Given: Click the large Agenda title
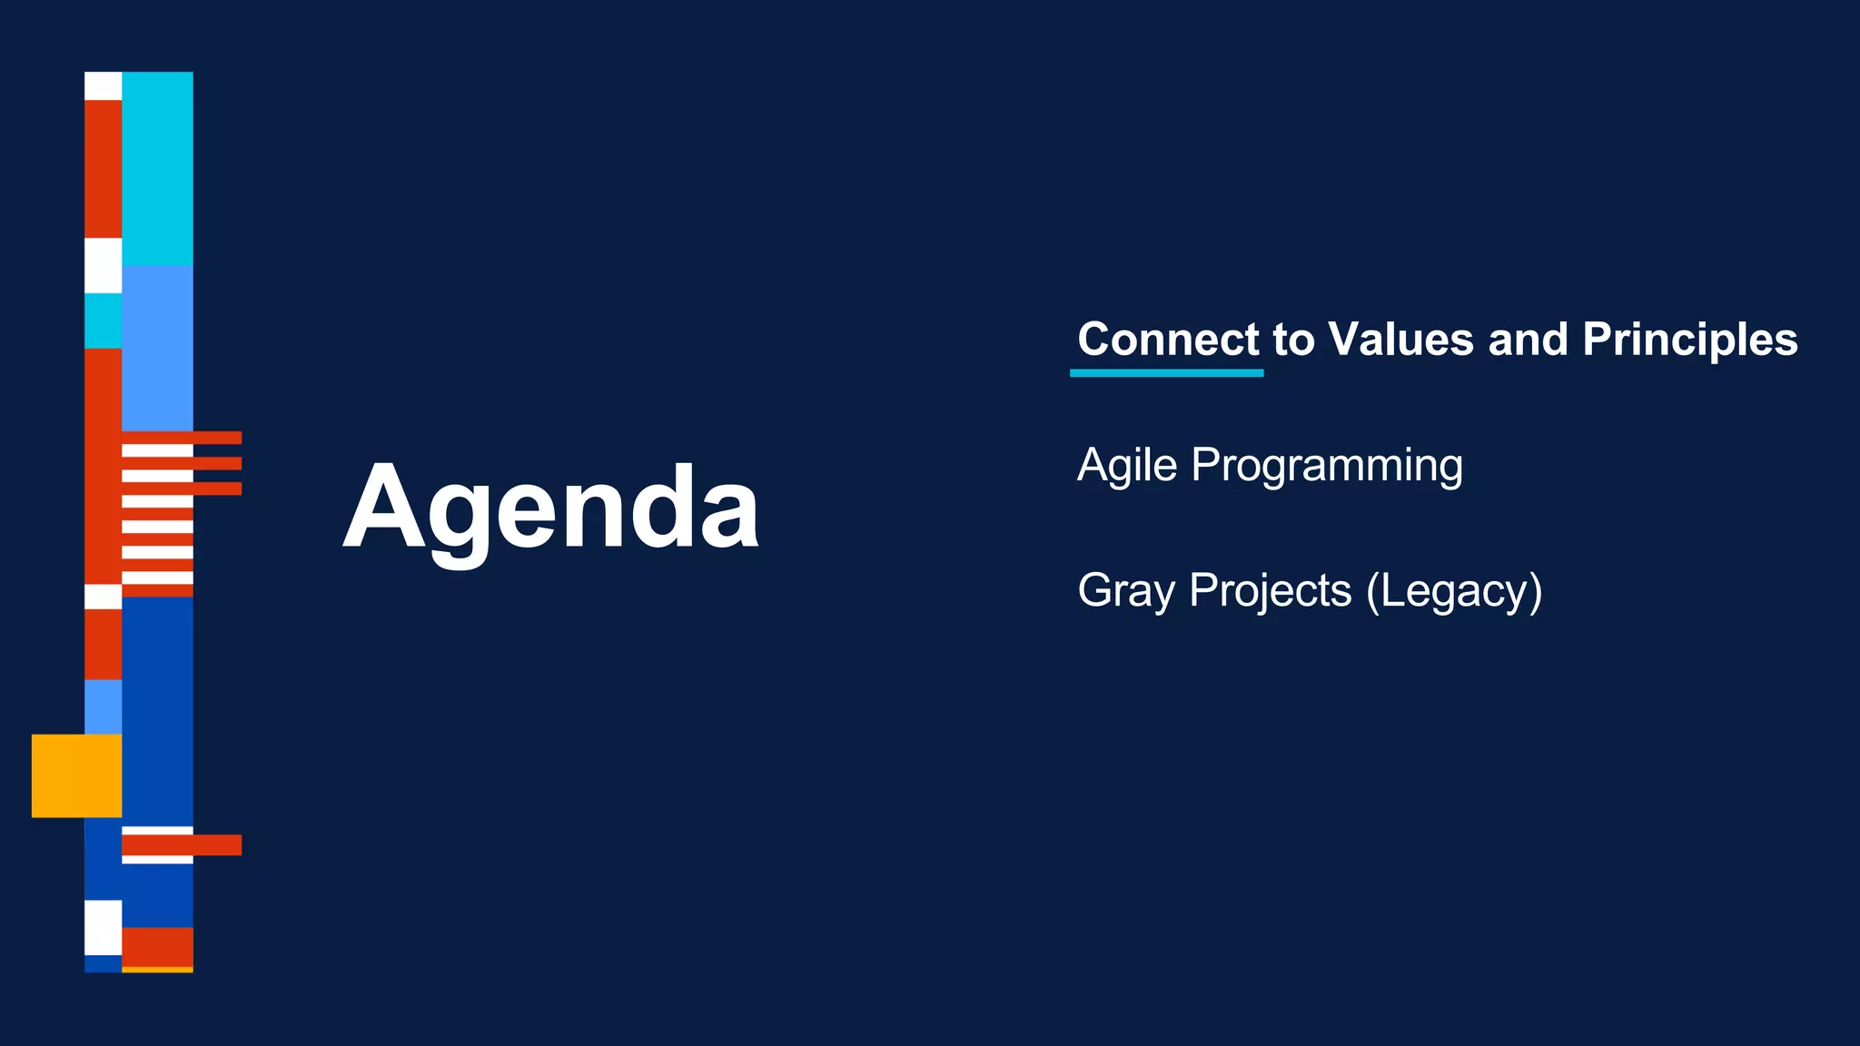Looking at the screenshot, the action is [550, 507].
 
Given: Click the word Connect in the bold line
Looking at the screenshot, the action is [1168, 340].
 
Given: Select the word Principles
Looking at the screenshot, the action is [1689, 340].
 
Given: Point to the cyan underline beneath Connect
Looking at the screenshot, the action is [1166, 372].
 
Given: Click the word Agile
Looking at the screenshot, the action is [1126, 465].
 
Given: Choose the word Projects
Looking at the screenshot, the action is [1270, 591].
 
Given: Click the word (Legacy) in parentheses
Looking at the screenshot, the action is [1454, 591].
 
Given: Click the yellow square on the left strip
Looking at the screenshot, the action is [76, 775].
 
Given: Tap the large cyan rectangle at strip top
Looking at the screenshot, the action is [157, 168].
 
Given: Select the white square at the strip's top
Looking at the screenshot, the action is [103, 85].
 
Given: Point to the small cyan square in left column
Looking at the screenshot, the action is [103, 321].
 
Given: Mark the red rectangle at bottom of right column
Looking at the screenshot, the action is [157, 946].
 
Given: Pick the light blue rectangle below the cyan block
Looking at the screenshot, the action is [157, 347].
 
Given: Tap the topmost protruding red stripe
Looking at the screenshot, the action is [216, 438].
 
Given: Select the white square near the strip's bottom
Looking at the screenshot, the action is [103, 926].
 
